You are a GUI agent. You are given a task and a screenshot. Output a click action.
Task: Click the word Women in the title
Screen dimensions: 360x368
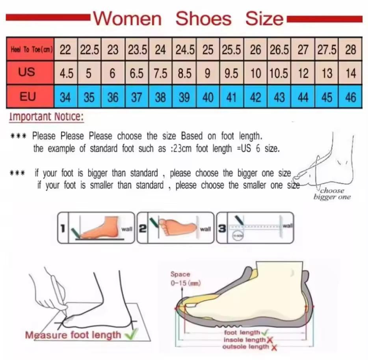[128, 19]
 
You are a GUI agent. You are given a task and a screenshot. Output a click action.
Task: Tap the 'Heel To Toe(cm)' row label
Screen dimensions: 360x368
[30, 50]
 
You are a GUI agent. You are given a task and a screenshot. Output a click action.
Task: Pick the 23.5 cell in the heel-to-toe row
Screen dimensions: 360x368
[137, 50]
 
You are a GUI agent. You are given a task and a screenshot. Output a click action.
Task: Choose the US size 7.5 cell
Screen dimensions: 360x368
[160, 73]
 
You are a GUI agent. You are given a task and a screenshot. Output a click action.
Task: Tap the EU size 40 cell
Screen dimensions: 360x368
[208, 97]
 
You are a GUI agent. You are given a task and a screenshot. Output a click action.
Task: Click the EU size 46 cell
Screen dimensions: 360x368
[350, 97]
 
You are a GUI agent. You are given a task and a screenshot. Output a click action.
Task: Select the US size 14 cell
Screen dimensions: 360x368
[350, 73]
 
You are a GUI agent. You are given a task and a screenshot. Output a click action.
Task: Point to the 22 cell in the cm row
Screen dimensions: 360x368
[65, 50]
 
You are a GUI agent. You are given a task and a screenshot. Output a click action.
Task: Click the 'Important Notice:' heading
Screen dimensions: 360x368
[46, 117]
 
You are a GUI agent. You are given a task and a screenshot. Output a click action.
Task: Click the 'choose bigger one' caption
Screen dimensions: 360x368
[332, 194]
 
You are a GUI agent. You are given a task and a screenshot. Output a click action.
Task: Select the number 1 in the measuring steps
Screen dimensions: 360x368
[62, 228]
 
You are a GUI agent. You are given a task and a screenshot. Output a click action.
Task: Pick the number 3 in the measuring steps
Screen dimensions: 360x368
[222, 228]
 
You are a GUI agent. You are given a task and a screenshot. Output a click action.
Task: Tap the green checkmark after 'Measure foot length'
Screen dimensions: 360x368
[129, 335]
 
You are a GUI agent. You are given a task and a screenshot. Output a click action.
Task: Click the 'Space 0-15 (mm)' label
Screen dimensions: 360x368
[180, 278]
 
